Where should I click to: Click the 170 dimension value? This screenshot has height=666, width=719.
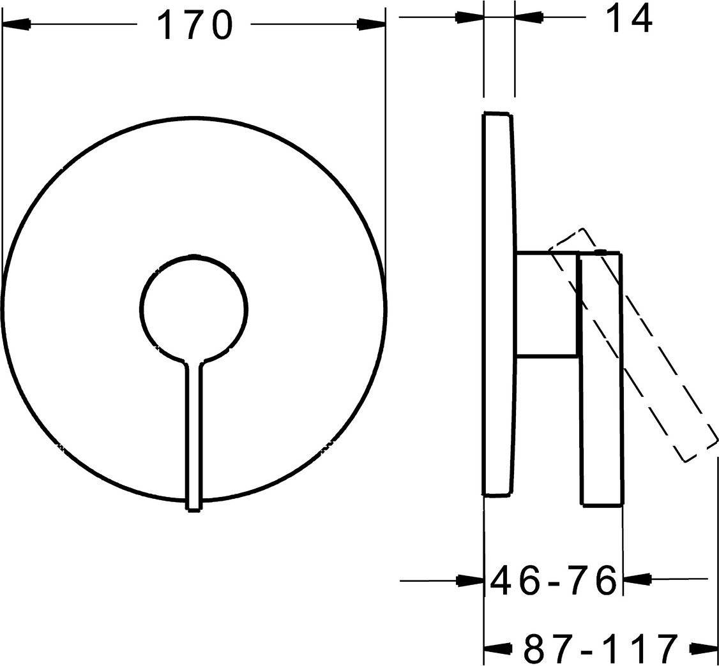(x=195, y=26)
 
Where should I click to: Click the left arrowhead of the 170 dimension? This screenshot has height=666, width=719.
(x=17, y=24)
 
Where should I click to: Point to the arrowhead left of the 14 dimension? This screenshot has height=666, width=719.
(x=470, y=18)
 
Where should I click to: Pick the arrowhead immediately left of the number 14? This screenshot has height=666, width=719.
(x=529, y=18)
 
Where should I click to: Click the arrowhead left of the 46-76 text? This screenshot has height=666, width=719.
(x=471, y=581)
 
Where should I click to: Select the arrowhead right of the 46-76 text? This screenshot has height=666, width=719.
(x=637, y=580)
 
